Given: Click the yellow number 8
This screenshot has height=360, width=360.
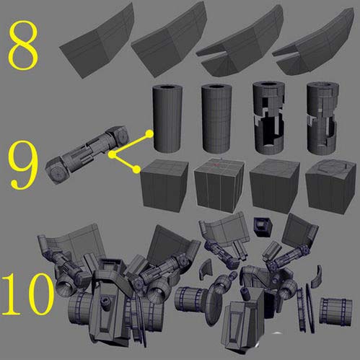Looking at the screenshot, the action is [x=23, y=45].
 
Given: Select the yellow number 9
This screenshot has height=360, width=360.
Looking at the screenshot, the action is [x=23, y=165].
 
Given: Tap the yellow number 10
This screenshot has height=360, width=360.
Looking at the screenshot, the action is [x=27, y=294].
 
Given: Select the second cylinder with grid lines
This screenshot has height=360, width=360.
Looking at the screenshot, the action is [x=216, y=118].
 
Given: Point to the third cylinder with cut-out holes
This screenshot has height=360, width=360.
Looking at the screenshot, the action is [x=269, y=118].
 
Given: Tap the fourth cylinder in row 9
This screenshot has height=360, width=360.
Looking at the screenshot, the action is [x=322, y=118].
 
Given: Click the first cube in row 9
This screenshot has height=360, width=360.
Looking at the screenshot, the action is [x=164, y=185].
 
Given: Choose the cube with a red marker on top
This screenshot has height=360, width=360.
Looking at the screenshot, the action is [x=219, y=185].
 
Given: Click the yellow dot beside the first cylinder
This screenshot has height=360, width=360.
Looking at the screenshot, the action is [x=149, y=133].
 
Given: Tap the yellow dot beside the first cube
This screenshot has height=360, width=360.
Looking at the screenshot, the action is [x=136, y=170].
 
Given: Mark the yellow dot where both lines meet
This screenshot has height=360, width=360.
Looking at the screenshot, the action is [x=112, y=155].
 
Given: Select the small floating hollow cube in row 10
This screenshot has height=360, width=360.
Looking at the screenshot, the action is [x=263, y=227].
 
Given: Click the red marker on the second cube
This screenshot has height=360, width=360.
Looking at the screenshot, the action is [x=216, y=165].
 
